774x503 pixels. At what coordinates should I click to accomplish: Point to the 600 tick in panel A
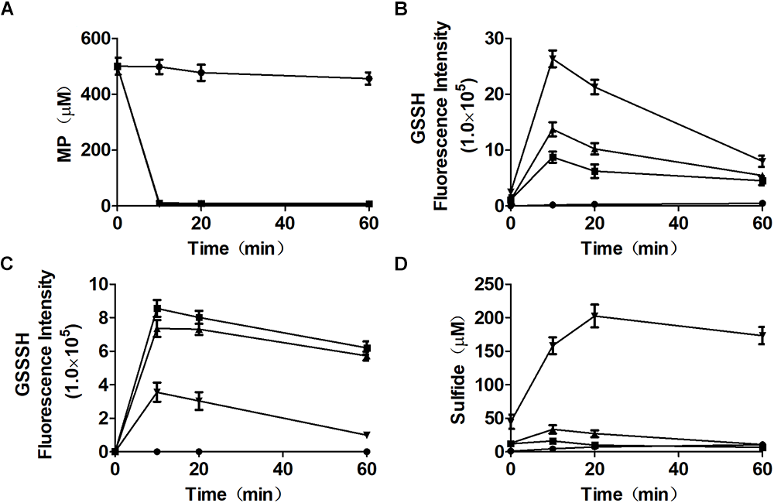[93, 39]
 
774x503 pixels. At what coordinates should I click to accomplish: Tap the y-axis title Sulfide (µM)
[448, 368]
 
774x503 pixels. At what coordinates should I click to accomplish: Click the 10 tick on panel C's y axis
[98, 285]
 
